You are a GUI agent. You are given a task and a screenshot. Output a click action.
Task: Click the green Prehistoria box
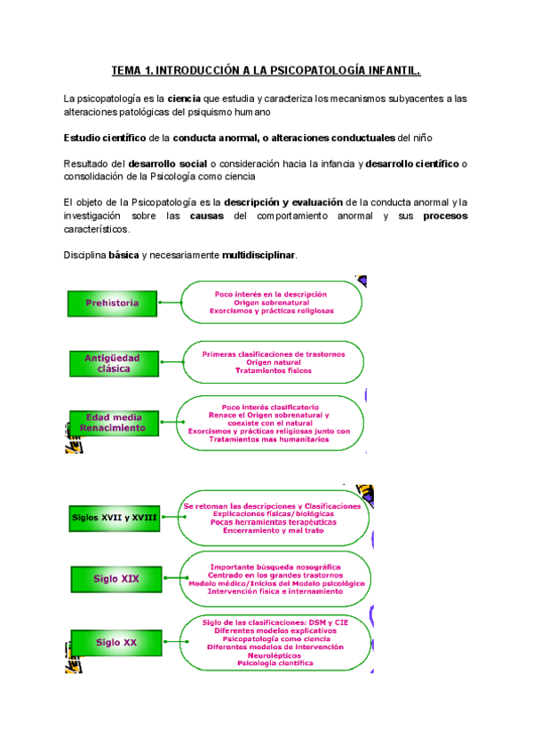pyautogui.click(x=112, y=303)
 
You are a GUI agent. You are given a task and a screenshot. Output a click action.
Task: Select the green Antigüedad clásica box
pyautogui.click(x=112, y=362)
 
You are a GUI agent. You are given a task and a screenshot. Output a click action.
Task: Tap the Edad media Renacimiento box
pyautogui.click(x=112, y=423)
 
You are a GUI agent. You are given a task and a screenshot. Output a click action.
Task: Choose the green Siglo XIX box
pyautogui.click(x=116, y=578)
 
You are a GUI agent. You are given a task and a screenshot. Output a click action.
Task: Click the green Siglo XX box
pyautogui.click(x=116, y=641)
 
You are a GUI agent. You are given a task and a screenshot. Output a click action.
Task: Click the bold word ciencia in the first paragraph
pyautogui.click(x=185, y=98)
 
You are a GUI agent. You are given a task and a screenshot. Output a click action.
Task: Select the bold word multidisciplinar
pyautogui.click(x=259, y=256)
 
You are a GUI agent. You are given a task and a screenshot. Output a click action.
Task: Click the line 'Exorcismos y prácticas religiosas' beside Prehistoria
pyautogui.click(x=271, y=312)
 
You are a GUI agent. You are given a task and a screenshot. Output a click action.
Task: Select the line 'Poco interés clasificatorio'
pyautogui.click(x=270, y=407)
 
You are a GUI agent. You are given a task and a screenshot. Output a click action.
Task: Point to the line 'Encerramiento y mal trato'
pyautogui.click(x=272, y=530)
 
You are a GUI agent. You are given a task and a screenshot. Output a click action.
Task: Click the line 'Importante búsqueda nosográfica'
pyautogui.click(x=272, y=566)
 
